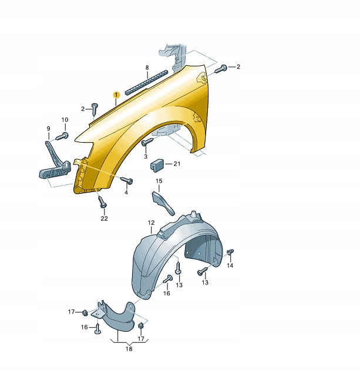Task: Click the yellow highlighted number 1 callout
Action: pyautogui.click(x=116, y=95)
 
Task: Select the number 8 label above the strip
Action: pyautogui.click(x=147, y=68)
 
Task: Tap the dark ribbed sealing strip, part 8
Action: pyautogui.click(x=146, y=83)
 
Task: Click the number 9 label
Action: pyautogui.click(x=48, y=129)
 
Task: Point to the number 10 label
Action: pyautogui.click(x=65, y=120)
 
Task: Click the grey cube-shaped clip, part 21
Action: pyautogui.click(x=156, y=164)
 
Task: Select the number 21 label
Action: pyautogui.click(x=177, y=164)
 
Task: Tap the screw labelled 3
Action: pyautogui.click(x=147, y=142)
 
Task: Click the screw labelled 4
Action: pyautogui.click(x=127, y=180)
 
